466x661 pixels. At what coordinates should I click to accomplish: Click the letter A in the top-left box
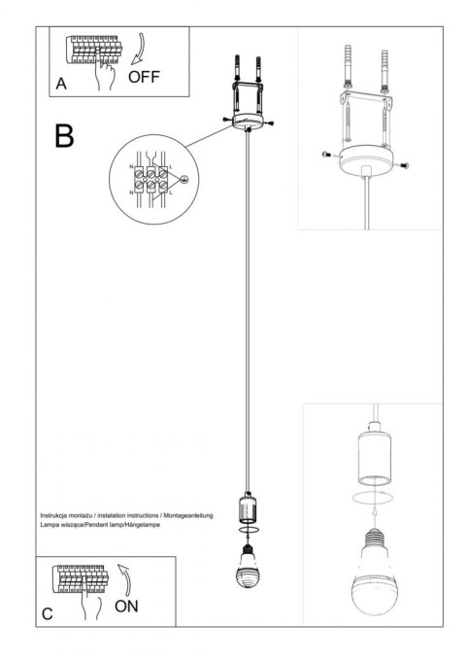[x=60, y=84]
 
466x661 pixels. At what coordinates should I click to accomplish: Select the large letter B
[x=63, y=135]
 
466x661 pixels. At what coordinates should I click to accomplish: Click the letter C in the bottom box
[x=48, y=616]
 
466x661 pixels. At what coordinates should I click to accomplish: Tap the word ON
[x=127, y=608]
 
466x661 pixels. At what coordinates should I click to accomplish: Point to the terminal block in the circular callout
[x=151, y=179]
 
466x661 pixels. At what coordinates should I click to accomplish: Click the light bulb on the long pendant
[x=249, y=571]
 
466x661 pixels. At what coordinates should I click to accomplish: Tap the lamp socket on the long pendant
[x=249, y=507]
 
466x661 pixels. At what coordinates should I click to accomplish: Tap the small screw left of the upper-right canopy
[x=326, y=154]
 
